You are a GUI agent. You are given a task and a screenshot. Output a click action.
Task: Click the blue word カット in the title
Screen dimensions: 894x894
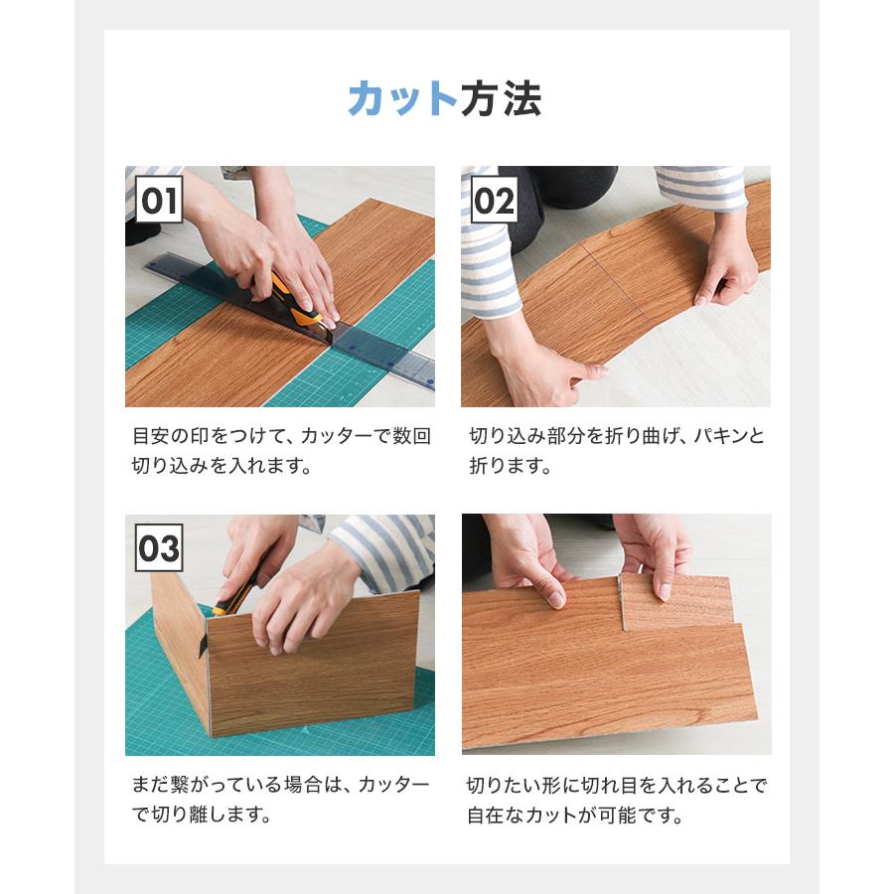pos(402,99)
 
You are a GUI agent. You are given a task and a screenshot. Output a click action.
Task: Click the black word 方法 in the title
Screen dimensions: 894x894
pos(501,99)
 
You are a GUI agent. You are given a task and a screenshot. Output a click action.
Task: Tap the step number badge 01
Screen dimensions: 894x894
pos(159,201)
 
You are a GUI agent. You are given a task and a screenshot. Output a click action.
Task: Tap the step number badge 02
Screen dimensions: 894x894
pos(494,201)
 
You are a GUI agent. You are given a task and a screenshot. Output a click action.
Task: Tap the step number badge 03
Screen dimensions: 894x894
pos(159,548)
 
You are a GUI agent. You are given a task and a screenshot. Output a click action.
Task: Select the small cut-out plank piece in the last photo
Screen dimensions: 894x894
pos(675,602)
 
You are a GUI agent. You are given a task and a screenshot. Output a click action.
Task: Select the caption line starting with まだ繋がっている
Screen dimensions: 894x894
pos(281,786)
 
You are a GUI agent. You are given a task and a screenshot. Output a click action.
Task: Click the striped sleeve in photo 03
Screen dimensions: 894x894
pos(382,546)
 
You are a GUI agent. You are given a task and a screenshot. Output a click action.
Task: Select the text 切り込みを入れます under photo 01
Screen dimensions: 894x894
pos(222,466)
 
